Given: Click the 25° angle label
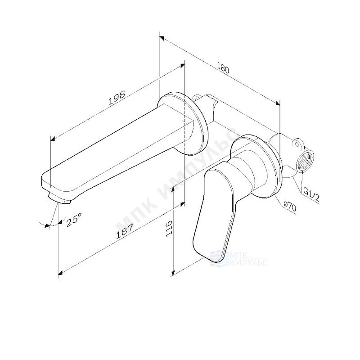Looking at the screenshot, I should (74, 220).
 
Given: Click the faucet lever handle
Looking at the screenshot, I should (216, 211).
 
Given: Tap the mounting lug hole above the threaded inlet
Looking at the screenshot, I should (297, 144).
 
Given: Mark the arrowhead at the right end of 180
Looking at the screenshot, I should (279, 103).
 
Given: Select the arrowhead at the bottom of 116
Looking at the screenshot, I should (174, 273).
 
